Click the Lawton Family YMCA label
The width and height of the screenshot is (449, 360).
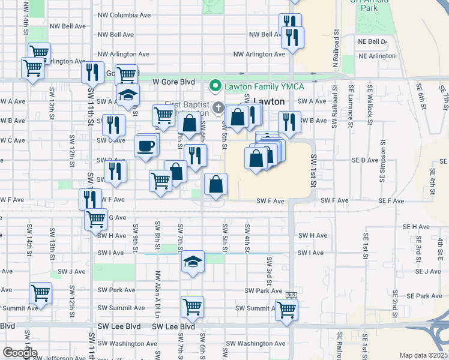[264, 86]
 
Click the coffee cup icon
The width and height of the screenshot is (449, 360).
[146, 146]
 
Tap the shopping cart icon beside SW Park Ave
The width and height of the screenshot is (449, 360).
[41, 293]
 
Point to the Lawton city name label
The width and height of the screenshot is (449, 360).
[268, 101]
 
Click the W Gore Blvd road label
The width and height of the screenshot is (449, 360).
[173, 81]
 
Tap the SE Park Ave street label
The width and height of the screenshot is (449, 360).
[423, 296]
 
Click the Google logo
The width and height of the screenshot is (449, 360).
[19, 353]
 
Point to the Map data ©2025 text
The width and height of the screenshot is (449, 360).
[423, 355]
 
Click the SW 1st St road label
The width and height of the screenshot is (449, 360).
[313, 170]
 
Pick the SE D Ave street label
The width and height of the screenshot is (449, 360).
[365, 160]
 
